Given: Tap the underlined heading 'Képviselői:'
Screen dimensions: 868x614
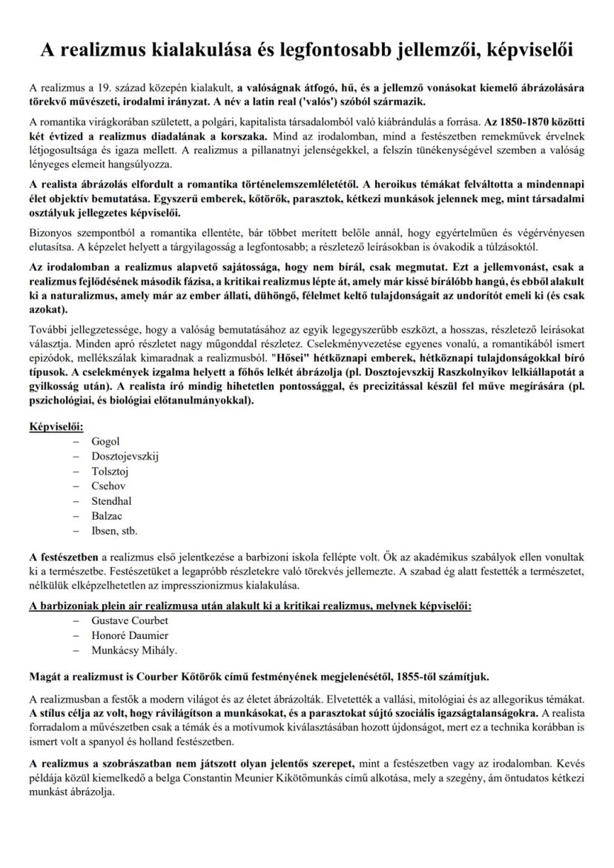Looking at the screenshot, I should (x=56, y=426).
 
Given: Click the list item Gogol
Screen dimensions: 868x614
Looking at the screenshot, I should (x=105, y=441).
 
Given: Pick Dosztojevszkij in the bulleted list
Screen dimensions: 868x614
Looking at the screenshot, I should (x=125, y=456).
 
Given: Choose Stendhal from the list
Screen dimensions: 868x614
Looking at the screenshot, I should (x=111, y=500).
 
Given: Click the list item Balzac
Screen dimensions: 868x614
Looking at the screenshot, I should (x=107, y=515).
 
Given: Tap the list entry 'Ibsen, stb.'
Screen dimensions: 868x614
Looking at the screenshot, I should (x=114, y=530).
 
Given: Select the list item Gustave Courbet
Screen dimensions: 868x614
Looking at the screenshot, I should (x=130, y=620).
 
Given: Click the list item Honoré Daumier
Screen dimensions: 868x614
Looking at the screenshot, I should (x=130, y=635).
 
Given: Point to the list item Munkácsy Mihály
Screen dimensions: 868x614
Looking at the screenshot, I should (x=134, y=650).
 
